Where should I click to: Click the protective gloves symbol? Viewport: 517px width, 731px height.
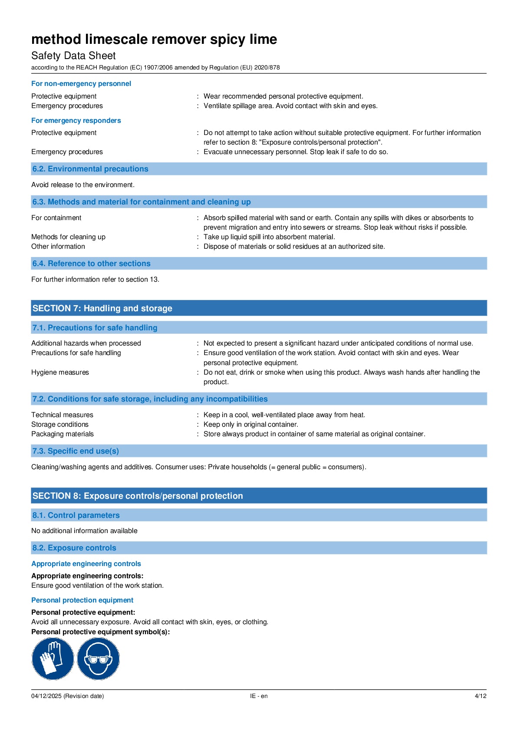pos(53,659)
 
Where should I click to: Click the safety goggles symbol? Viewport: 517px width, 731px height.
pos(98,659)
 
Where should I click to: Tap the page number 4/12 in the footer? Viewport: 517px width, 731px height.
pos(480,696)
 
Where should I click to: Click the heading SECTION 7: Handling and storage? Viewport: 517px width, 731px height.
pos(102,308)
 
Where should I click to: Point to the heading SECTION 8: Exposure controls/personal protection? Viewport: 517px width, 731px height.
pos(138,496)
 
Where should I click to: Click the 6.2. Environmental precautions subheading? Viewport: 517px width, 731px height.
pos(90,169)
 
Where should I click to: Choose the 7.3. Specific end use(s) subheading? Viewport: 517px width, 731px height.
pos(76,451)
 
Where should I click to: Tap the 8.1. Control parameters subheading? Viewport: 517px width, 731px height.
pos(76,515)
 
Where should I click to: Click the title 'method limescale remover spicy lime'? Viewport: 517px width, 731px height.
pos(154,40)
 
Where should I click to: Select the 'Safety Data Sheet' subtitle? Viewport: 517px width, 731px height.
pos(73,56)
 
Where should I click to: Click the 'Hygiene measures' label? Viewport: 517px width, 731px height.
pos(60,372)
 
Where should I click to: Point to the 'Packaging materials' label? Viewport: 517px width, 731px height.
pos(63,434)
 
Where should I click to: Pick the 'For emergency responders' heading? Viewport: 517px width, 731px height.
pos(76,121)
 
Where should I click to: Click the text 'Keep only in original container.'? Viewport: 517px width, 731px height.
pos(250,425)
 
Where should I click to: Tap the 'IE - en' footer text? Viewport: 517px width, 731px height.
pos(259,696)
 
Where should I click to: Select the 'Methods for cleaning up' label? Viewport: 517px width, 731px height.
pos(68,237)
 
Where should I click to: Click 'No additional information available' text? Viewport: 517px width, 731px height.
pos(84,531)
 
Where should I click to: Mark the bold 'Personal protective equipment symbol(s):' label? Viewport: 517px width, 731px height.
pos(100,632)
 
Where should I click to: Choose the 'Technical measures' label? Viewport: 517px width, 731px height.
pos(62,415)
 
